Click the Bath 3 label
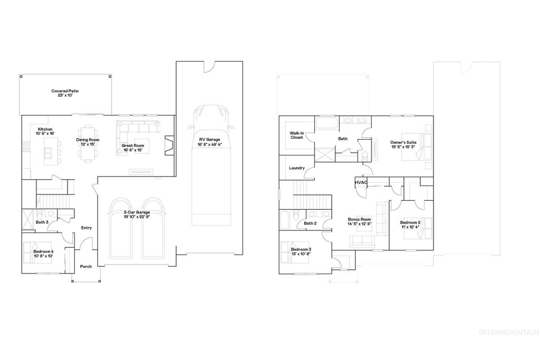pos(42,222)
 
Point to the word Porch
pos(86,267)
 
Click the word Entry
pos(86,228)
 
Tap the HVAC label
pos(361,182)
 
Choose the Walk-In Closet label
pos(297,136)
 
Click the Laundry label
pos(297,168)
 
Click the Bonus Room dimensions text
pos(359,223)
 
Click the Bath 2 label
pos(310,223)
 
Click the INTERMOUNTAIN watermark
pos(508,332)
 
